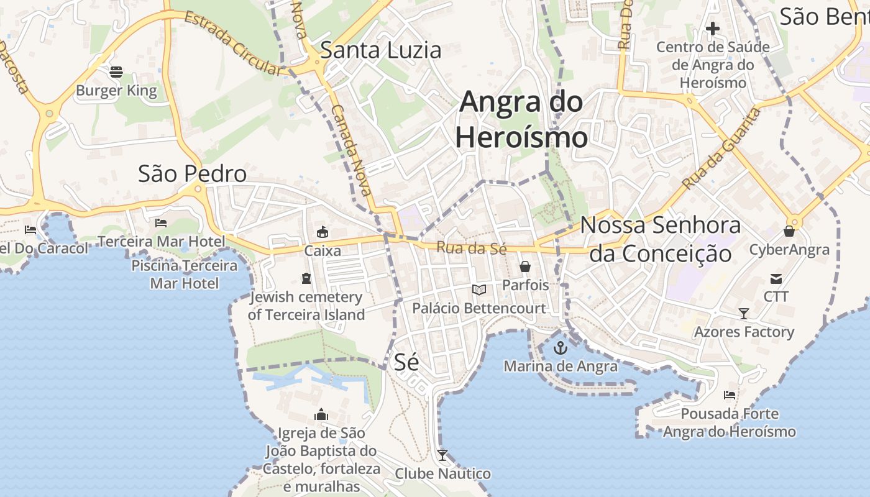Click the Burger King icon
[x=116, y=72]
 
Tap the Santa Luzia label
[x=380, y=50]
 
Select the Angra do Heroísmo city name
[x=521, y=119]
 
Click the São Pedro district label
[x=192, y=174]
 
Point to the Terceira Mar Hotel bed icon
[x=161, y=222]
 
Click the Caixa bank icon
[x=322, y=232]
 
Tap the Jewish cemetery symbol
[x=306, y=278]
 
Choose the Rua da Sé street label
[x=471, y=248]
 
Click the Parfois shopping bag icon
[x=525, y=267]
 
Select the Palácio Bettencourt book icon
[x=478, y=290]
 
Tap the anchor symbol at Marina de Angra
[x=561, y=347]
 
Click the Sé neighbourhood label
[x=406, y=362]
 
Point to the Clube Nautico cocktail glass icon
[x=442, y=455]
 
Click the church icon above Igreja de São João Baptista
[x=321, y=414]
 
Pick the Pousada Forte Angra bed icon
[x=730, y=394]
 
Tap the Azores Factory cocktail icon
[x=744, y=313]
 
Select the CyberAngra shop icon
[x=789, y=231]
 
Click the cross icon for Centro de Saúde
[x=713, y=28]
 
